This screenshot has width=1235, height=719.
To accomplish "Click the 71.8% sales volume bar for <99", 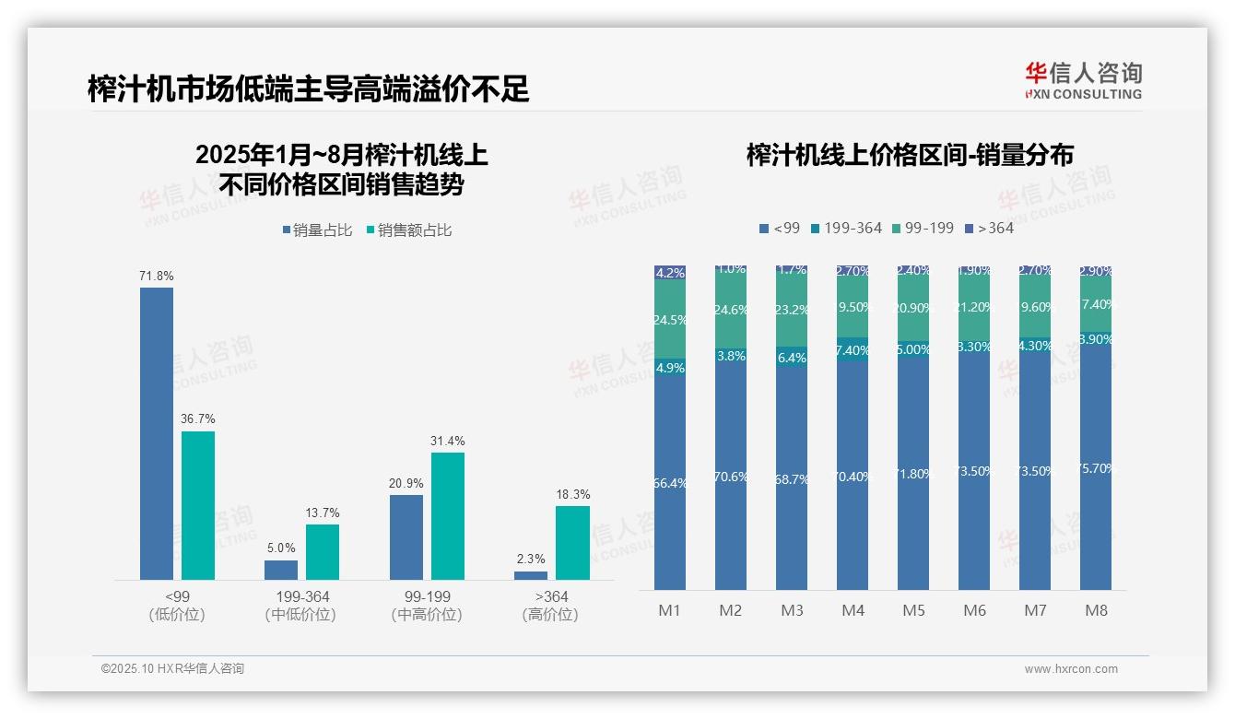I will point(157,433).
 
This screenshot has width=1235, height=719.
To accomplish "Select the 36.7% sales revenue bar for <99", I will point(198,505).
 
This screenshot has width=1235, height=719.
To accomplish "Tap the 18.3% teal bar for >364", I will point(572,542).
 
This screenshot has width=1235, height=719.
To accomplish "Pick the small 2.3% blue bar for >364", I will point(531,575).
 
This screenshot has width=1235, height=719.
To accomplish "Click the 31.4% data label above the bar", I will point(448,442).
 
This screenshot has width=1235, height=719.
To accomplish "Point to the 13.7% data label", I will point(323,513).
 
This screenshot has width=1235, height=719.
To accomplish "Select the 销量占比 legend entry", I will point(317,230).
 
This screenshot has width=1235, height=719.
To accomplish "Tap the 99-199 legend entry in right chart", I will point(922,228).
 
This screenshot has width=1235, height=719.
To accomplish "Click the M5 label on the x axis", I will point(913,610).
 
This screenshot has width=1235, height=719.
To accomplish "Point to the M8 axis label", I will point(1096,610).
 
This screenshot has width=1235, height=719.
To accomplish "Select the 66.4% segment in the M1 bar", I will point(670,482).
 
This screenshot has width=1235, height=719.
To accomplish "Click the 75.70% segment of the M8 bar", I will point(1096,468).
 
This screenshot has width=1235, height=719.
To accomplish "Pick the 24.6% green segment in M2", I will point(731,311).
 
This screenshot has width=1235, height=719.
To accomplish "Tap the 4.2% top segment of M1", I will point(670,273).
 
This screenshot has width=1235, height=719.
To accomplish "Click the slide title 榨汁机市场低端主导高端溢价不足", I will point(308,88).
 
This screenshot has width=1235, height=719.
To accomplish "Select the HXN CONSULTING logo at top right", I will point(1083,81).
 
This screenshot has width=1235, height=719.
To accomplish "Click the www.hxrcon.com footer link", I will point(1071,669).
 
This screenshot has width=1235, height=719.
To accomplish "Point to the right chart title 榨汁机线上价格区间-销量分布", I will point(910,155).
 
